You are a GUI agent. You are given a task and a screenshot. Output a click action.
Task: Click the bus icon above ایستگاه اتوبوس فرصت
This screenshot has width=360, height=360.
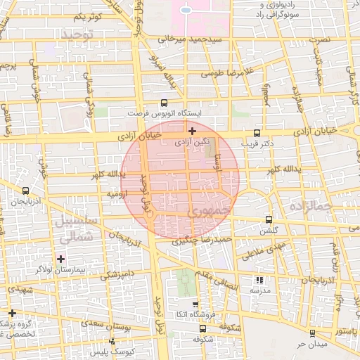coord(165,103)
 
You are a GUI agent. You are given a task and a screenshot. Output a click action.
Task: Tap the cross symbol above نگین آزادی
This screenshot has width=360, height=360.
coord(192,131)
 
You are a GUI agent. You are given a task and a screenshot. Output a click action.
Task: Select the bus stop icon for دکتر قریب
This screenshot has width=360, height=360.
coord(257,134)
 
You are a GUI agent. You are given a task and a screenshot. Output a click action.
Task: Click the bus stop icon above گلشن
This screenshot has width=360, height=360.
coord(268,220)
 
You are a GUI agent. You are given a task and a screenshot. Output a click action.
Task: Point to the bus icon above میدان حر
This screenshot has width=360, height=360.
coord(312,333)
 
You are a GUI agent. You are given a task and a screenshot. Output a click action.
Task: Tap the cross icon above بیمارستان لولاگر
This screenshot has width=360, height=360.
coord(61,259)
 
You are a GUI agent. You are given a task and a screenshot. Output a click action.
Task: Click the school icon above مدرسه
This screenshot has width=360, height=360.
coord(258,279)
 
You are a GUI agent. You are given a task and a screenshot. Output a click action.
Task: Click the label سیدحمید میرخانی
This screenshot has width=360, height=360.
coord(185,39)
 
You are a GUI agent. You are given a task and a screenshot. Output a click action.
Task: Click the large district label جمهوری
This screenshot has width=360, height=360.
coord(210,210)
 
